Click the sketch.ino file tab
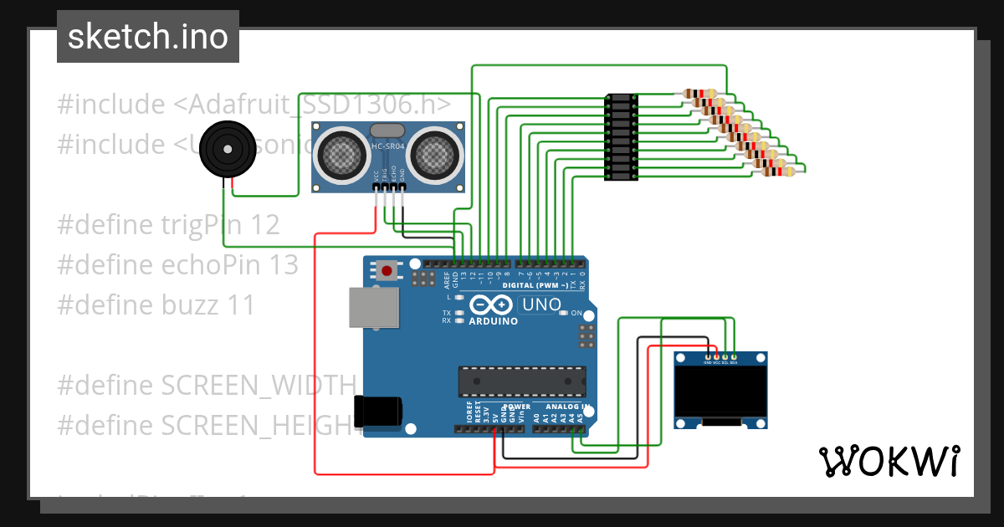click(x=147, y=37)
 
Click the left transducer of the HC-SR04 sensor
click(x=340, y=154)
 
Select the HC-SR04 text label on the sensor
click(x=388, y=147)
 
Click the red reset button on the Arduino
click(x=387, y=270)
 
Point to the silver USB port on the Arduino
click(x=373, y=307)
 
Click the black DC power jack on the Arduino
click(x=378, y=411)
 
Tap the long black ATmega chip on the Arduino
click(x=521, y=381)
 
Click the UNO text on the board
click(x=541, y=305)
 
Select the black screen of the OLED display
click(x=720, y=392)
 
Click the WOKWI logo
click(x=889, y=461)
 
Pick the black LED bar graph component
click(x=621, y=137)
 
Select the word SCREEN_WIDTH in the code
click(x=259, y=386)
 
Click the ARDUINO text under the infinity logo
click(x=494, y=321)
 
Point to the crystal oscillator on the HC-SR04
click(x=386, y=130)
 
